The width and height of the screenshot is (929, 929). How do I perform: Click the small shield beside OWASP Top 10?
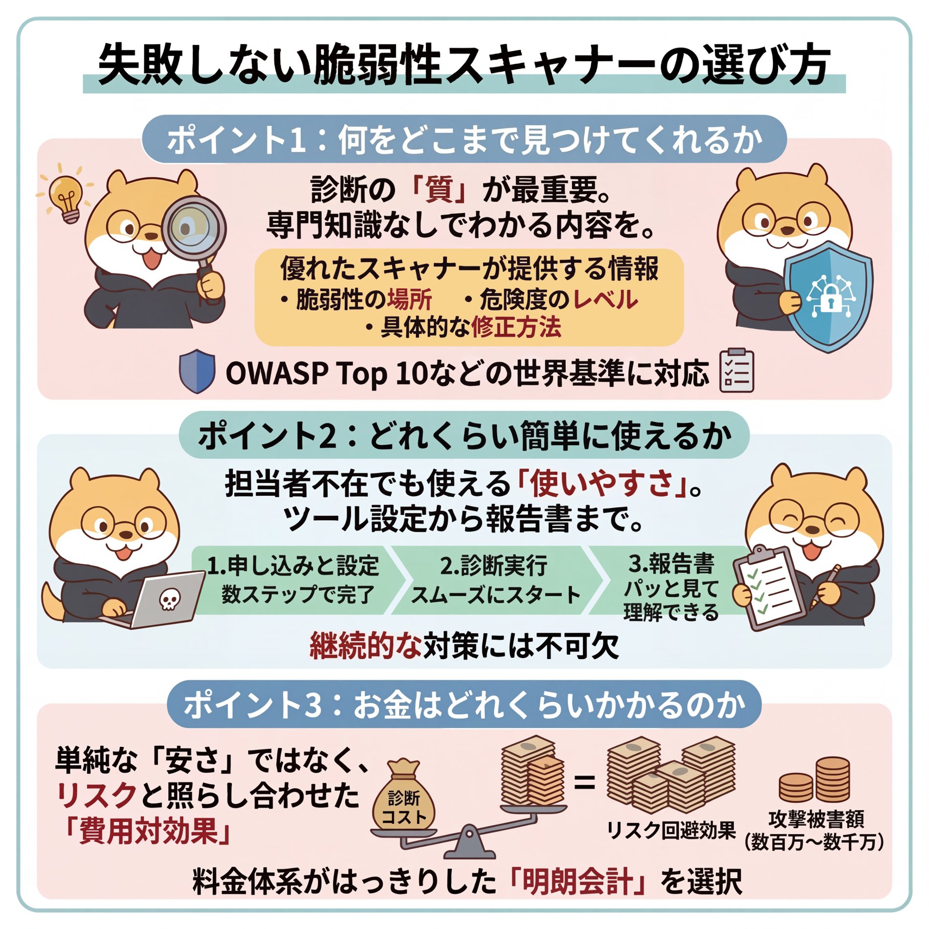197,371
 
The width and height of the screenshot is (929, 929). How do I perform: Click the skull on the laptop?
169,598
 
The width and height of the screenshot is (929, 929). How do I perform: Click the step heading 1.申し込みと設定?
293,566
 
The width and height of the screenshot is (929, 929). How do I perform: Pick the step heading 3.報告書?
671,564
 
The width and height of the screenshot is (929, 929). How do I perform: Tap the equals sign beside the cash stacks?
584,783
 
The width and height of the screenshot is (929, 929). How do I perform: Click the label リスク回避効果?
671,830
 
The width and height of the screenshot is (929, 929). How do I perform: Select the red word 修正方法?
516,327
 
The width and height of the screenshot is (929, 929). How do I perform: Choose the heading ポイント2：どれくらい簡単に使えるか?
465,436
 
